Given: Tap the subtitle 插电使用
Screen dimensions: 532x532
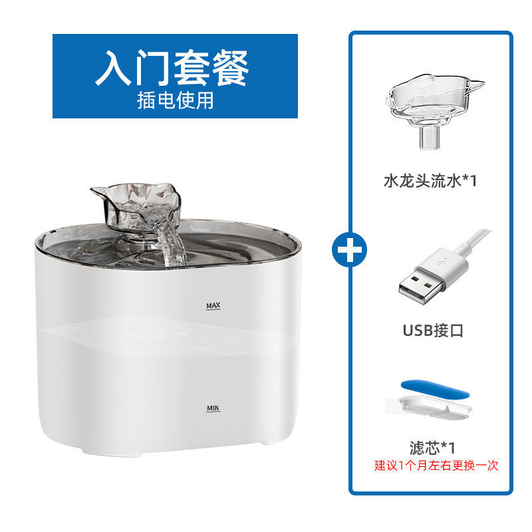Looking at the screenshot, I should (175, 100).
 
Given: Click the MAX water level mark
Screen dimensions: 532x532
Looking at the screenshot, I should (213, 306).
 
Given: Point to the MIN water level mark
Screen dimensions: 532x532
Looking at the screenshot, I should (213, 407).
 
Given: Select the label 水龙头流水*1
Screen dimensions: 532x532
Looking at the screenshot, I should (430, 180).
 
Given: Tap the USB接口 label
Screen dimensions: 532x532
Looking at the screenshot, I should (431, 330).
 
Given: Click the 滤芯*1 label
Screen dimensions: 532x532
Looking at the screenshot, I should (432, 446).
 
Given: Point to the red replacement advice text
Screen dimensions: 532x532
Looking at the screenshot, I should (436, 465).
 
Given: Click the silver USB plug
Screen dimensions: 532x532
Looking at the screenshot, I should (419, 282).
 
